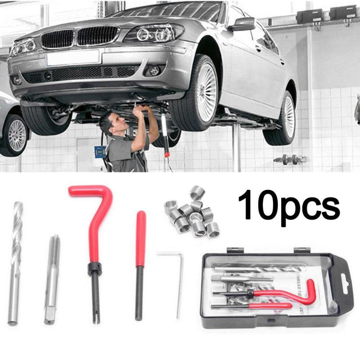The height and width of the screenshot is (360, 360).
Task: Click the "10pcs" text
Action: [288, 205]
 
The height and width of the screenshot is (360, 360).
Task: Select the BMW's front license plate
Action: [73, 58]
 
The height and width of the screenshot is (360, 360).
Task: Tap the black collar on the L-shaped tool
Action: [94, 269]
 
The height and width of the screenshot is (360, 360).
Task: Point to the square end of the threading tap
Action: [49, 315]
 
